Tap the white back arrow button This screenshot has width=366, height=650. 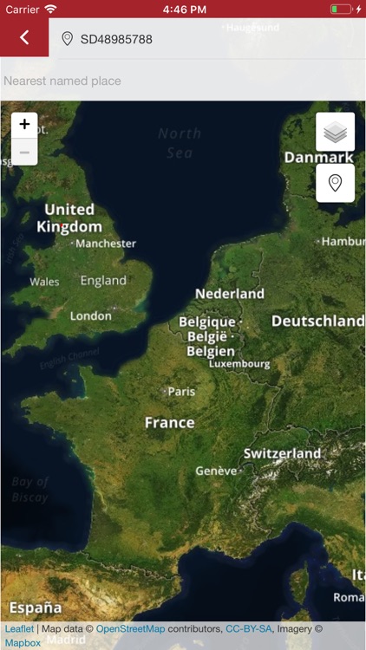(24, 37)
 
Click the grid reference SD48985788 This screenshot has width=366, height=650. (116, 40)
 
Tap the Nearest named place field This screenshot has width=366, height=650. (62, 81)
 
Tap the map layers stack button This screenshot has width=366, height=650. (335, 132)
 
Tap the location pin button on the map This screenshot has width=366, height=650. (335, 183)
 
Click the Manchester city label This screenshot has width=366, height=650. (105, 244)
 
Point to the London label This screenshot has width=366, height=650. (91, 316)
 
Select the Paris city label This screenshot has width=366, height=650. (180, 392)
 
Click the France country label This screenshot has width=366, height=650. (170, 423)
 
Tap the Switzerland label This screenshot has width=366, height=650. (283, 453)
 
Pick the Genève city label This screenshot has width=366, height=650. (217, 471)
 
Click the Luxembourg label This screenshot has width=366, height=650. (240, 364)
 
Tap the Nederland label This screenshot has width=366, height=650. (230, 294)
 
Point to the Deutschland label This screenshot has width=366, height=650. (317, 321)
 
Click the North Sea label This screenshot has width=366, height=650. (180, 143)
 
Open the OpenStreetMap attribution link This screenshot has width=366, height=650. (130, 629)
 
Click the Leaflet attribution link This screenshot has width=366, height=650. (19, 629)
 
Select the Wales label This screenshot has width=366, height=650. (44, 282)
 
